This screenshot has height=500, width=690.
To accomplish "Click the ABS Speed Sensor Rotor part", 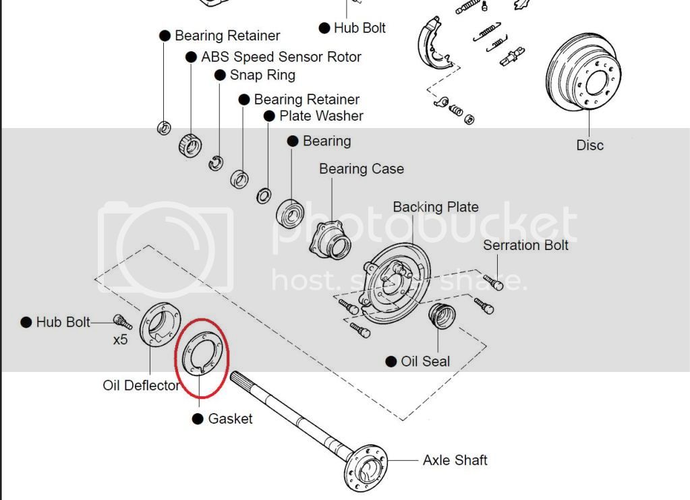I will click(190, 145).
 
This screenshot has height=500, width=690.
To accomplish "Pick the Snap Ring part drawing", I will click(216, 162).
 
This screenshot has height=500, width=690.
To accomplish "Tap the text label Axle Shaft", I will click(455, 460).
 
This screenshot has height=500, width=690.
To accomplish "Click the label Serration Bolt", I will click(525, 245).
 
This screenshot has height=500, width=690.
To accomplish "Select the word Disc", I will click(590, 145).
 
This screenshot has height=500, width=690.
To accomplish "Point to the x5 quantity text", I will click(120, 340).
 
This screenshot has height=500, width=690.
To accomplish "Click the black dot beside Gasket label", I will click(198, 419).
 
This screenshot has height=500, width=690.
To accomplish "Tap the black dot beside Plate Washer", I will click(268, 116).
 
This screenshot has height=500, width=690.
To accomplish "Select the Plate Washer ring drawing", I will click(264, 196).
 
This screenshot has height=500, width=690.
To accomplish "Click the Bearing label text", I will click(327, 141).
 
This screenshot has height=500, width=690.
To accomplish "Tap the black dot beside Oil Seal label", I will click(391, 362).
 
